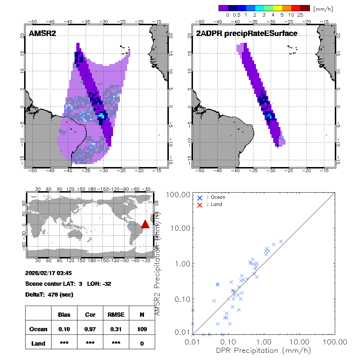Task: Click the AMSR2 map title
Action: coord(42,34)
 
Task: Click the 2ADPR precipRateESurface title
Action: coord(247,34)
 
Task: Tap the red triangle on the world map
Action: coord(145,224)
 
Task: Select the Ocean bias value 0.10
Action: coord(64,329)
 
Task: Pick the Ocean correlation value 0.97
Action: coord(90,329)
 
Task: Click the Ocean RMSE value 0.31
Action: coord(116,329)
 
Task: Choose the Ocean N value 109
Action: coord(142,329)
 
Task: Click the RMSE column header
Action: coord(116,315)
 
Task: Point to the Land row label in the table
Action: coord(38,343)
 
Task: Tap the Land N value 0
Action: coord(142,343)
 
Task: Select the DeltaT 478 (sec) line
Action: coord(49,294)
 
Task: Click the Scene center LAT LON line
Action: coord(68,284)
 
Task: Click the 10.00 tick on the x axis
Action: coord(300,341)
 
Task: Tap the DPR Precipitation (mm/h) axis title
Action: coord(263,350)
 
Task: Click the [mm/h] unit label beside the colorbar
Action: coord(323,8)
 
